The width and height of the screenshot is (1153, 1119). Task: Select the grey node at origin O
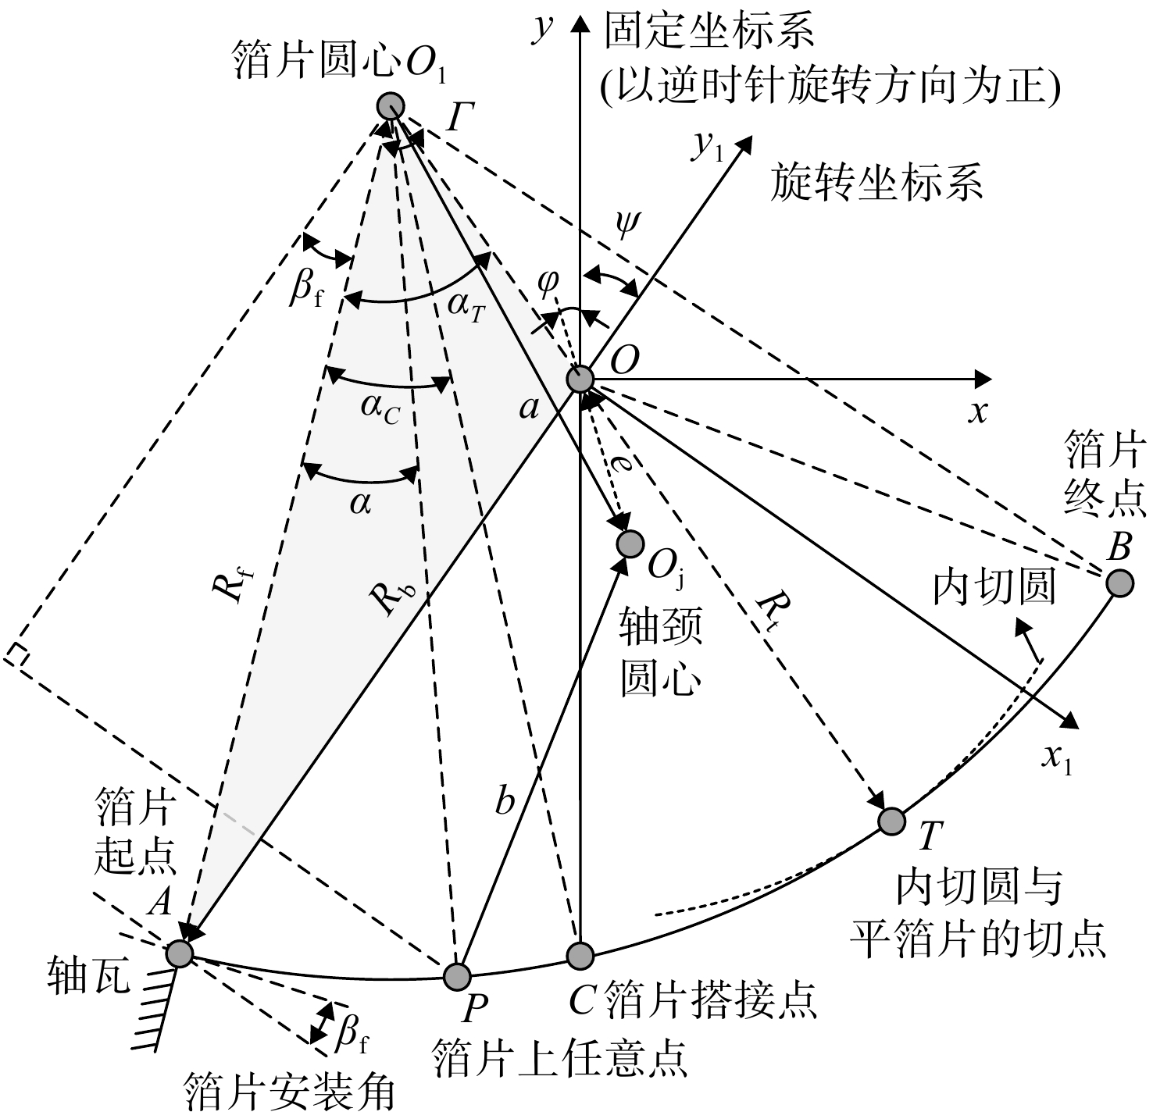[x=580, y=379]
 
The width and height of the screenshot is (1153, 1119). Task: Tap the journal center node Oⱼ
[x=630, y=543]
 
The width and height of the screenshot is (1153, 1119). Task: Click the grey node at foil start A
[x=180, y=953]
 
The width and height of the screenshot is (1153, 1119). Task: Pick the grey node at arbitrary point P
[x=457, y=976]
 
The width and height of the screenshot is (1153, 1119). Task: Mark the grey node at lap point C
[x=580, y=955]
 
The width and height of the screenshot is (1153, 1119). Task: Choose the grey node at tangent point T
[x=891, y=821]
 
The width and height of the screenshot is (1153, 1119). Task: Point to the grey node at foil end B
[x=1120, y=583]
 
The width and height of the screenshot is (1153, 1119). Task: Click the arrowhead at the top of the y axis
[x=580, y=23]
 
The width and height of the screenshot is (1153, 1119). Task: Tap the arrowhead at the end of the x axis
[x=983, y=379]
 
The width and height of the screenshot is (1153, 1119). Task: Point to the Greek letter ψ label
[x=627, y=224]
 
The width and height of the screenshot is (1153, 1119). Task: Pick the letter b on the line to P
[x=505, y=801]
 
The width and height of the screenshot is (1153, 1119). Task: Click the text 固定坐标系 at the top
[x=709, y=30]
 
